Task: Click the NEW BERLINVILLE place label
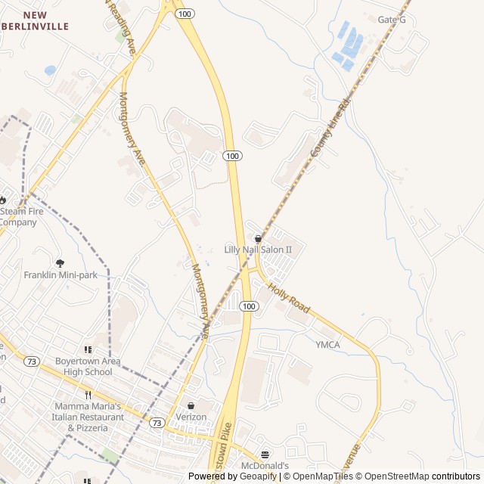pos(45,20)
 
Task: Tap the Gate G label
pos(392,20)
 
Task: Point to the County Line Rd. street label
pos(331,127)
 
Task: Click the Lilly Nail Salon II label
pos(258,250)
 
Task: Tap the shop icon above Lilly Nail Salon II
pos(258,238)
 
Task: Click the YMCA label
pos(327,345)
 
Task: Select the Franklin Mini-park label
pos(60,275)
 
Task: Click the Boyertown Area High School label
pos(88,366)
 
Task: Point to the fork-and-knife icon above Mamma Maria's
pos(88,394)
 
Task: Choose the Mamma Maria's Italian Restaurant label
pos(88,417)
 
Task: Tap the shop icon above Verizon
pos(190,405)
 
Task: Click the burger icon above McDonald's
pos(265,455)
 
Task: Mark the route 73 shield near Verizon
pos(157,421)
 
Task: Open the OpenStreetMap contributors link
pos(430,476)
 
